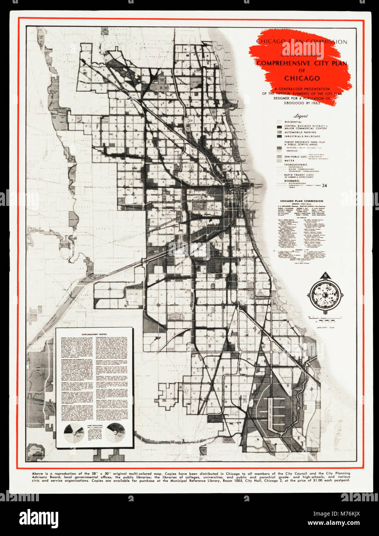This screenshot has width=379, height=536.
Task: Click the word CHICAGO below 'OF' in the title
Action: (302, 78)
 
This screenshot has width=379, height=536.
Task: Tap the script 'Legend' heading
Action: (300, 116)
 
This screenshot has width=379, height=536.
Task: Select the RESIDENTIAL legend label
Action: (293, 122)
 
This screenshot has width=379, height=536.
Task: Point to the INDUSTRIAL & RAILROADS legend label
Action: (302, 136)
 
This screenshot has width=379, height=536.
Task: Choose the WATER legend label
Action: (289, 160)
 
